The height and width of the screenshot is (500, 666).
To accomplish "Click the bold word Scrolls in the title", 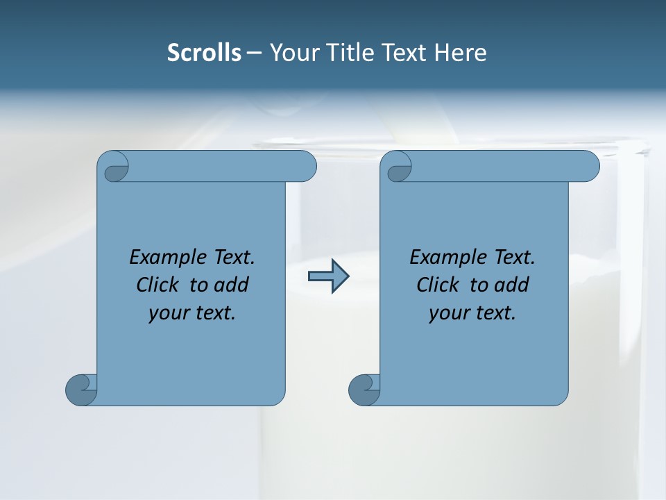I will pyautogui.click(x=204, y=53).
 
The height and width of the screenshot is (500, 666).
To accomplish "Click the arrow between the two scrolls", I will pyautogui.click(x=328, y=276).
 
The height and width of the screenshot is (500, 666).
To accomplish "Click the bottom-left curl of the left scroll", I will pyautogui.click(x=82, y=389).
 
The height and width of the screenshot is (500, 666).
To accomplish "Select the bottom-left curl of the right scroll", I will pyautogui.click(x=364, y=389).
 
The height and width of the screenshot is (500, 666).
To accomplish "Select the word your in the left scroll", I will pyautogui.click(x=169, y=313).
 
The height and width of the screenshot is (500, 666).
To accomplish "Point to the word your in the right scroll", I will pyautogui.click(x=449, y=313).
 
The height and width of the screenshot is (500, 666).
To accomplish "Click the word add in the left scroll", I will pyautogui.click(x=231, y=285).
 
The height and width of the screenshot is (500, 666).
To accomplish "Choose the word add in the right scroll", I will pyautogui.click(x=511, y=285).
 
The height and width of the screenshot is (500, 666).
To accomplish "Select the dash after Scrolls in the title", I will pyautogui.click(x=255, y=53).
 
